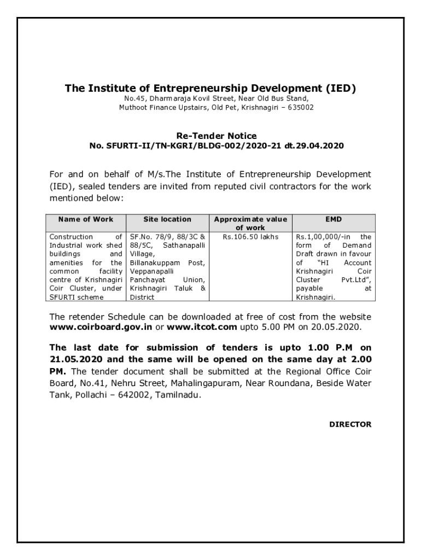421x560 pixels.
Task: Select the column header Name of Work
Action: tap(86, 219)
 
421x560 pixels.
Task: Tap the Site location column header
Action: tap(167, 219)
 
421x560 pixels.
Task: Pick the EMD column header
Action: tap(334, 219)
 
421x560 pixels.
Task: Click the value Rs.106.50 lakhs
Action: tap(250, 237)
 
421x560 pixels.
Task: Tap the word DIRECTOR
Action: tap(350, 424)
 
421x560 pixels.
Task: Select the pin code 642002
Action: tap(130, 394)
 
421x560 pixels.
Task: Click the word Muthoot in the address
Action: tap(133, 108)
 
